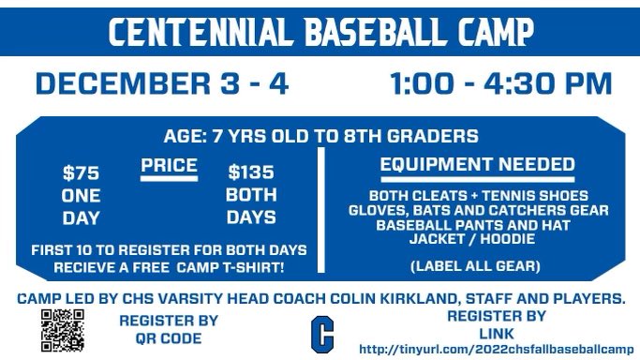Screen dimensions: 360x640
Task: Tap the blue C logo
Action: click(x=322, y=333)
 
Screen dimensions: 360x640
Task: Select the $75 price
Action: click(x=81, y=173)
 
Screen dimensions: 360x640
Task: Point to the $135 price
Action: click(x=252, y=173)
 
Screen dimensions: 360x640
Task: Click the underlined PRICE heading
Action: click(x=169, y=167)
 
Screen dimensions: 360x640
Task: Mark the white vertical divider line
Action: click(x=322, y=208)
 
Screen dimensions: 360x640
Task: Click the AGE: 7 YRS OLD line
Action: click(x=321, y=136)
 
